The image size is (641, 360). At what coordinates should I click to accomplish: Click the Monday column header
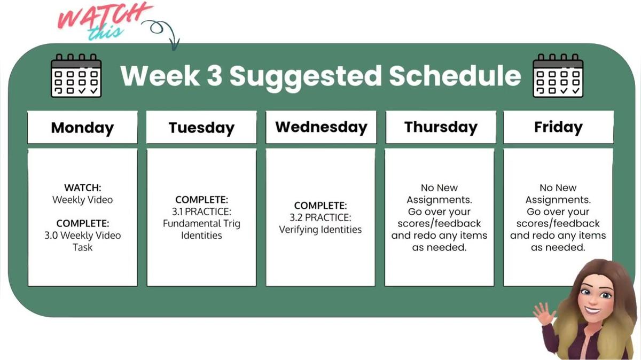82,128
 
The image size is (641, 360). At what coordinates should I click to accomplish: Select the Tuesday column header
201,128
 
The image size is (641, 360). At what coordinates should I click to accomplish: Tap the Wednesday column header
321,127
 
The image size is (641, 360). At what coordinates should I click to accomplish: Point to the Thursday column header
441,127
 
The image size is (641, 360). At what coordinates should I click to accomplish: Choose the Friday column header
558,127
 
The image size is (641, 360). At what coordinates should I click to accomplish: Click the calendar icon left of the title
76,75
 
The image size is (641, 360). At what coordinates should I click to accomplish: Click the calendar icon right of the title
558,75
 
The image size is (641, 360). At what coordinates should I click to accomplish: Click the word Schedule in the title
454,76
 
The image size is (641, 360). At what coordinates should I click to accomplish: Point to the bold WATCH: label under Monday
82,188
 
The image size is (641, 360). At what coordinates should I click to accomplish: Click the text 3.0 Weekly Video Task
82,241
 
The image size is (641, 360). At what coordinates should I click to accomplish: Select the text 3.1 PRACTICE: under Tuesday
201,212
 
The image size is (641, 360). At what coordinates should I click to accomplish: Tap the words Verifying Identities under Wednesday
320,230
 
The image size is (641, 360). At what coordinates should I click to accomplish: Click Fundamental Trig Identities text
201,229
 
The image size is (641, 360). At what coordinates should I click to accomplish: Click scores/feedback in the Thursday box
439,223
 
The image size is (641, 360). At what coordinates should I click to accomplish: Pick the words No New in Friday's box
558,188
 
